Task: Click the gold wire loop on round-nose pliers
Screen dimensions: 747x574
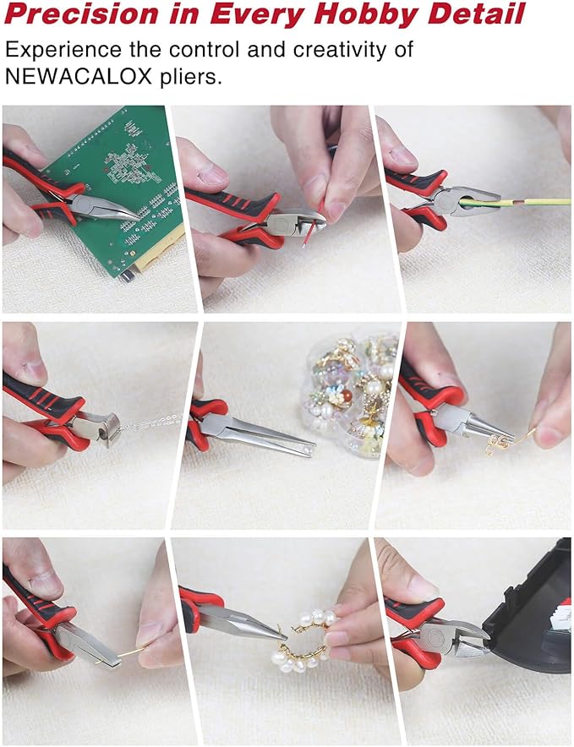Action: [x=499, y=442]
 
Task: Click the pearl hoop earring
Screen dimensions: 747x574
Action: [x=304, y=642]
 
